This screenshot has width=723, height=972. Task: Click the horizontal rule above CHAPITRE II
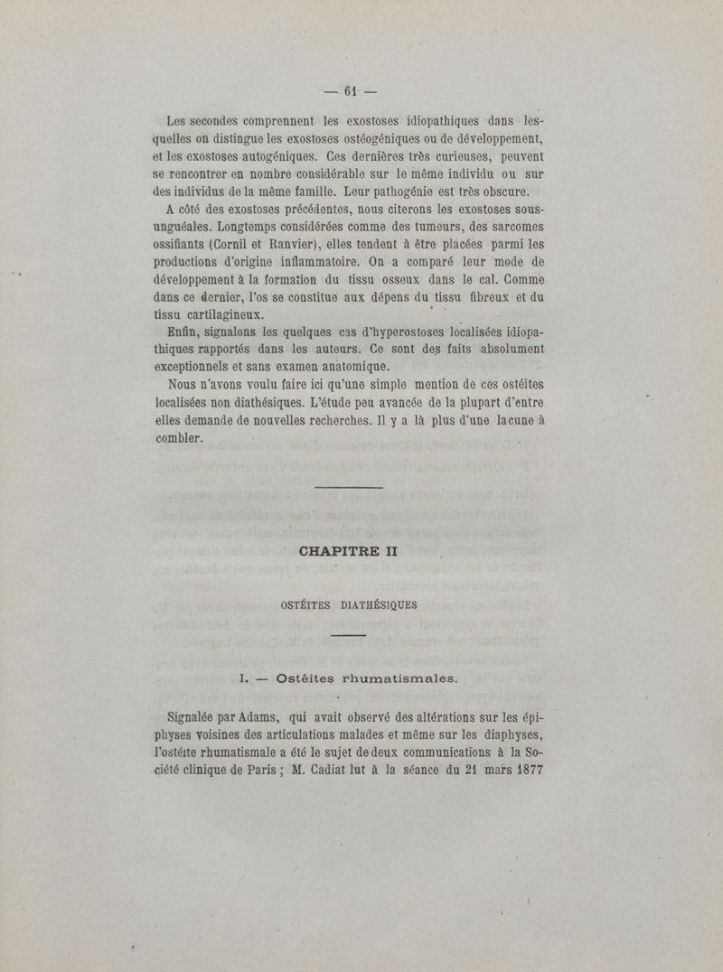(x=350, y=489)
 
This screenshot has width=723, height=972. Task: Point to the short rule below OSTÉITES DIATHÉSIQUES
(x=349, y=636)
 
